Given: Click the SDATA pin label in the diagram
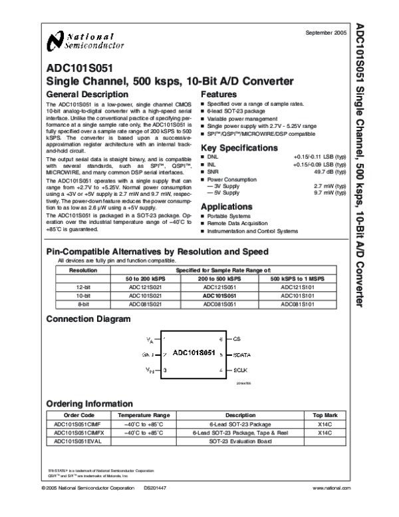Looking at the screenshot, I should [x=242, y=354].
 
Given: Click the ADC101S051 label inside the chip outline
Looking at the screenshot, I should [x=194, y=352].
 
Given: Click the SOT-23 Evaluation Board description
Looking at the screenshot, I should [x=240, y=441].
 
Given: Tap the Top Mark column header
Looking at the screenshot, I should [x=325, y=414].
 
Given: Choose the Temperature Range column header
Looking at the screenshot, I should [x=148, y=414].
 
